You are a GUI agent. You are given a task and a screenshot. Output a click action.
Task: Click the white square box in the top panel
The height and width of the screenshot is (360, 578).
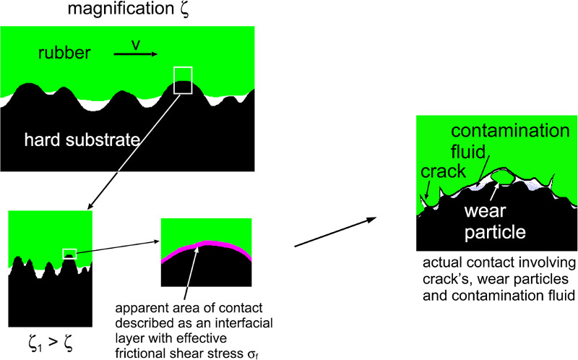coord(184,80)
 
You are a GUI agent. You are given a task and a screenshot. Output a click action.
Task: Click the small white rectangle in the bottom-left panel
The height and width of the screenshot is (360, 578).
coord(69,253)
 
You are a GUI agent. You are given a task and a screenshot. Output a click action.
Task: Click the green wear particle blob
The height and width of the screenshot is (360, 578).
coord(500,179)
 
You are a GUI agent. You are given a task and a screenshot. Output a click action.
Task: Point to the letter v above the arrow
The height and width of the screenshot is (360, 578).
coord(134,45)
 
